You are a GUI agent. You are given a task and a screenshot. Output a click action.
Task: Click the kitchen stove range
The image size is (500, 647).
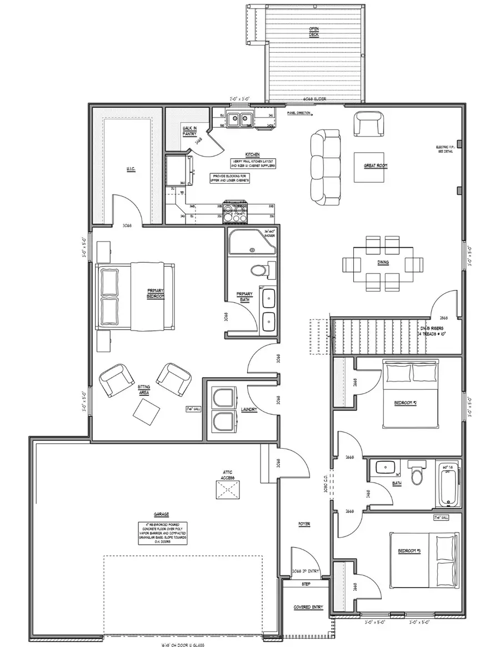click(236, 212)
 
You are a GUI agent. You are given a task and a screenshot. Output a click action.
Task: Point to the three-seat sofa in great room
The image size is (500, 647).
click(325, 165)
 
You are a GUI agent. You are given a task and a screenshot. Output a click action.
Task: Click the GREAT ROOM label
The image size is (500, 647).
click(376, 165)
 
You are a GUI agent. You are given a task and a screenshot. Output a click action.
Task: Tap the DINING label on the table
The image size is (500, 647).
click(383, 263)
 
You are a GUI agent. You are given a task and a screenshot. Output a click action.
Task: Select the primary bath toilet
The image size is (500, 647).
click(259, 270)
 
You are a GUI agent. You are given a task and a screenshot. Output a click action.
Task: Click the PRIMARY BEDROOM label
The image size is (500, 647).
click(156, 293)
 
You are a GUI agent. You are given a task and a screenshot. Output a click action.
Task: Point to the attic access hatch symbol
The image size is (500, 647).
click(227, 490)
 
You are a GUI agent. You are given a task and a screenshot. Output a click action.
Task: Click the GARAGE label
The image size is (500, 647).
click(162, 514)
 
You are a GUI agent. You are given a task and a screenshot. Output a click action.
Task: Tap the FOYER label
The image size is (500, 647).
click(304, 524)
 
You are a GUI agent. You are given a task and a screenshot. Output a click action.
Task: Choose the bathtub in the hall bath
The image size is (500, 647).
click(449, 486)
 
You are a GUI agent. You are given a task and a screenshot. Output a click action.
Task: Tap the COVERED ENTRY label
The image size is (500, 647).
click(308, 607)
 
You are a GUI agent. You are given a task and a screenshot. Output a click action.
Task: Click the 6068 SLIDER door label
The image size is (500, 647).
click(314, 99)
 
